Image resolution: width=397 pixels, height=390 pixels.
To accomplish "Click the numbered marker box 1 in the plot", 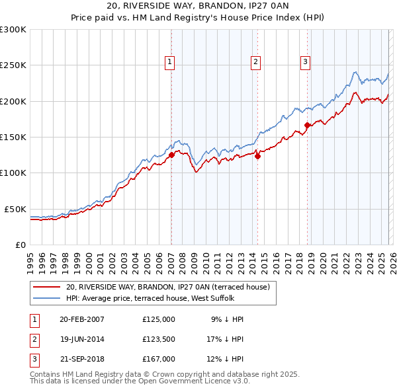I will tap(170, 62).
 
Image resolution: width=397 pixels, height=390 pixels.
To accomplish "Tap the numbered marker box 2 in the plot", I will tap(255, 62).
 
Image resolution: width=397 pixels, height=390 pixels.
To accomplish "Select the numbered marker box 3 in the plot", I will tap(305, 62).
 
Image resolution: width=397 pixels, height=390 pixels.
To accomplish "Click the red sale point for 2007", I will tap(171, 155).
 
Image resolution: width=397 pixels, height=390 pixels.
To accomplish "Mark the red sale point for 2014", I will tap(257, 156).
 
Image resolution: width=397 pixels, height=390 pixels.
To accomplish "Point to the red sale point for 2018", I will tap(308, 125).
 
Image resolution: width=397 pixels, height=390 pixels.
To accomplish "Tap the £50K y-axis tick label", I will tap(15, 209).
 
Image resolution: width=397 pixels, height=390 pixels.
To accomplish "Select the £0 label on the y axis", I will tap(21, 245).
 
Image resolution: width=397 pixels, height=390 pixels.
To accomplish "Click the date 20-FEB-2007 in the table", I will tap(82, 319).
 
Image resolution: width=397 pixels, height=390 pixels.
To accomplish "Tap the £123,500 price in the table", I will tap(159, 339).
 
